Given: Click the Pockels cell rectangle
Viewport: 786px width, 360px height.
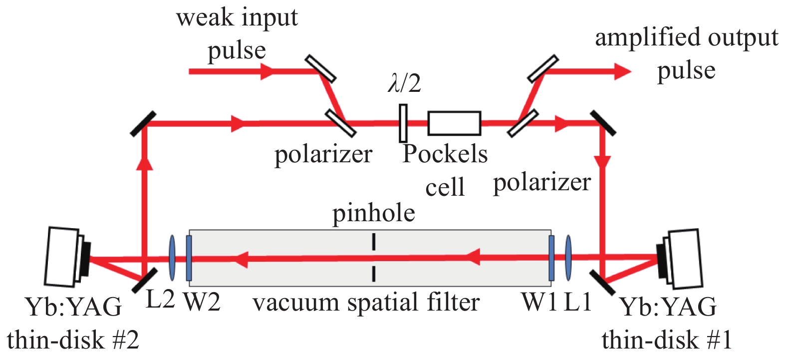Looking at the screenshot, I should click(x=454, y=123).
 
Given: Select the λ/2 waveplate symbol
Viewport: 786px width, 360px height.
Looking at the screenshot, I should click(x=403, y=123).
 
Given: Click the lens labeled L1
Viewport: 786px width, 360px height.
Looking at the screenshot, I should click(x=568, y=258).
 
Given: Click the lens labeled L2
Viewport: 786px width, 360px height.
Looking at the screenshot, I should click(x=172, y=258).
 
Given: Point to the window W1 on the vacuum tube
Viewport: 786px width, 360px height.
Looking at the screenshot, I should click(x=551, y=258).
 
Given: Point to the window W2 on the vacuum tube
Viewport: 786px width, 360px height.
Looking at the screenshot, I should click(x=189, y=258).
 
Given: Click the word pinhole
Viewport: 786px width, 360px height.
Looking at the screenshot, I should click(x=374, y=213).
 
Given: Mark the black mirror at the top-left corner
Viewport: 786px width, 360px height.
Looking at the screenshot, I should click(x=143, y=124).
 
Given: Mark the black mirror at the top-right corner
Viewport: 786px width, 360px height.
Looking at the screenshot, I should click(x=602, y=123).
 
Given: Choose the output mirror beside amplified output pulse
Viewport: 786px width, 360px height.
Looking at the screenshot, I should click(x=543, y=68).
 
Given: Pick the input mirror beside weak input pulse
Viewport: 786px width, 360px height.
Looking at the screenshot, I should click(x=321, y=68).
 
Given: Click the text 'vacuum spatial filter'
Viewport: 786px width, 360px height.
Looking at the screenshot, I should click(x=366, y=303).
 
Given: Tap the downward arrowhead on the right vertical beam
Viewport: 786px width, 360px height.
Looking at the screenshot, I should click(x=603, y=163).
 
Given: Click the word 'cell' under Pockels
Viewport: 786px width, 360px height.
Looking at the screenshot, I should click(x=445, y=187).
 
